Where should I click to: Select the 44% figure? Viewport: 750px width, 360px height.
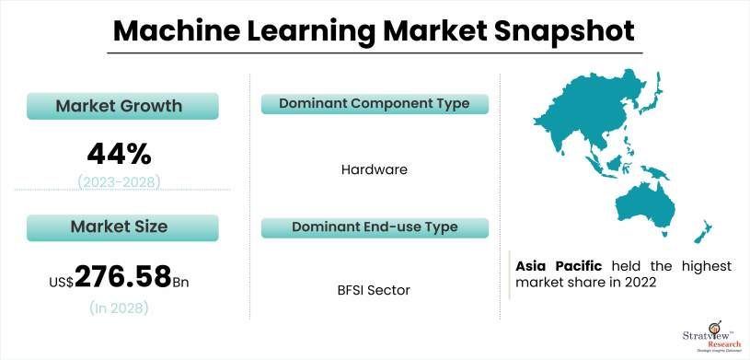click(119, 151)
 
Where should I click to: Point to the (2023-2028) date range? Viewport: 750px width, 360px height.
click(119, 180)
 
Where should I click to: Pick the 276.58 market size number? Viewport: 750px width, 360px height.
click(123, 275)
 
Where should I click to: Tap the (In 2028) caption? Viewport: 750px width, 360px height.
click(121, 308)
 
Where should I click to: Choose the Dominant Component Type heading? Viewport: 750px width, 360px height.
click(375, 103)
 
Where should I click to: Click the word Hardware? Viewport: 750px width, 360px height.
click(374, 169)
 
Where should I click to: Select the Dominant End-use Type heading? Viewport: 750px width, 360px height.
click(375, 226)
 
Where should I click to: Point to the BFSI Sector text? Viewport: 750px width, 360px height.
click(374, 290)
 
